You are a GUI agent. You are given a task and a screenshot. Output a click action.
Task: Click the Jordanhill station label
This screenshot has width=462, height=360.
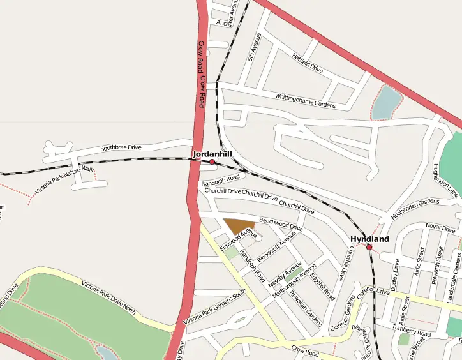[212, 154]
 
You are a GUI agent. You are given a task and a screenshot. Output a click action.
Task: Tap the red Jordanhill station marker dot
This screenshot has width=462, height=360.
[212, 162]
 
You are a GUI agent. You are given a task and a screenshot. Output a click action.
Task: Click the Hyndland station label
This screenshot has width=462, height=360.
[369, 239]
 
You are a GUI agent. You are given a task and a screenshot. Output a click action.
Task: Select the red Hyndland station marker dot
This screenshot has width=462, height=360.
[369, 247]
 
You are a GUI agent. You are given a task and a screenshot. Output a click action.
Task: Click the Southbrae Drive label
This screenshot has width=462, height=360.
[121, 147]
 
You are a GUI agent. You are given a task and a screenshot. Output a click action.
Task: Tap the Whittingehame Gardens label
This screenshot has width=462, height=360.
[305, 100]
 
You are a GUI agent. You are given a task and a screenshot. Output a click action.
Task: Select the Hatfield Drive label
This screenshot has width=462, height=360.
[308, 62]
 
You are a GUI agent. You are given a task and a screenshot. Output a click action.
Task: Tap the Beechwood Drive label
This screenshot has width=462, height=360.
[281, 223]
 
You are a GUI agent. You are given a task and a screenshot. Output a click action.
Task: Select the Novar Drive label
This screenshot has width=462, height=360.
[440, 228]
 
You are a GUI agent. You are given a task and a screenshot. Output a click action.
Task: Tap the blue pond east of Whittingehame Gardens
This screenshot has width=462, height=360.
[387, 103]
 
